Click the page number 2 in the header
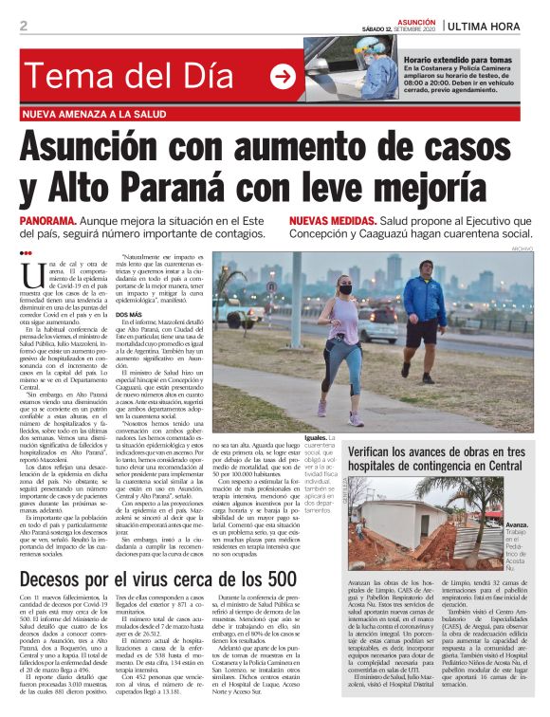24,26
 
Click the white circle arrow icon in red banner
282,77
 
